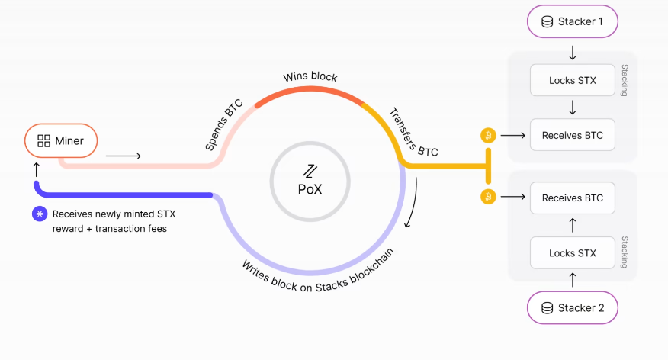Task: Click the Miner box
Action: [61, 140]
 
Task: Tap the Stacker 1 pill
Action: [572, 21]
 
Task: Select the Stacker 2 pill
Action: [572, 307]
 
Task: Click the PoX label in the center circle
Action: [310, 189]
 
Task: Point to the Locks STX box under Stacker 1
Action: [572, 80]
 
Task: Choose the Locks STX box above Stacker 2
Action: [572, 253]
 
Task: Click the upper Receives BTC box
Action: [572, 135]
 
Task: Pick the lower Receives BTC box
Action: [572, 198]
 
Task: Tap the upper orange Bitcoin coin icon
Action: [488, 136]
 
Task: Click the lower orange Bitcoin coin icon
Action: [488, 197]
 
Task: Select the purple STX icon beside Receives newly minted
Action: [40, 214]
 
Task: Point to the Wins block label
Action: [310, 77]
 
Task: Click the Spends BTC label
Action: [223, 125]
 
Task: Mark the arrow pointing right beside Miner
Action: [123, 156]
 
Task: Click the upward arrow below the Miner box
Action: [37, 169]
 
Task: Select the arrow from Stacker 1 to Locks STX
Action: [573, 53]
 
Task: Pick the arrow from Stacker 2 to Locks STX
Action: [573, 280]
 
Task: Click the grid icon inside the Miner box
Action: [44, 141]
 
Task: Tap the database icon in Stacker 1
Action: [547, 21]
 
